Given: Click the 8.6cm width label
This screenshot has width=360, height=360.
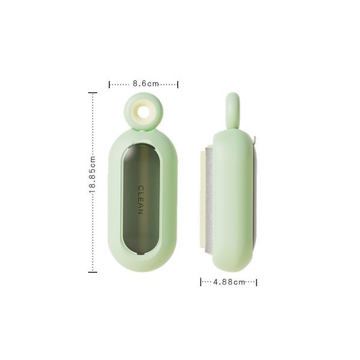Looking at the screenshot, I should [145, 84].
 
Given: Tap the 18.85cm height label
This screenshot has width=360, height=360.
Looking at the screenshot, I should [92, 182].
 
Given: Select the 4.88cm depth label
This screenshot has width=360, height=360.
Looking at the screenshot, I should [229, 281].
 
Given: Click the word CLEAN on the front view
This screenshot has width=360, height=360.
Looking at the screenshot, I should [140, 200].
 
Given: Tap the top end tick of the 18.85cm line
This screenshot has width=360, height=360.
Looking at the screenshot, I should [92, 92].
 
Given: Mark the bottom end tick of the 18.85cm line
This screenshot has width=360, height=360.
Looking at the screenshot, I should [92, 272].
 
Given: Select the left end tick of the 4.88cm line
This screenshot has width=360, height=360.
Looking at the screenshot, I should [200, 281].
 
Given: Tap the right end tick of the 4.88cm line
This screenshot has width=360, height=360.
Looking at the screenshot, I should [257, 281].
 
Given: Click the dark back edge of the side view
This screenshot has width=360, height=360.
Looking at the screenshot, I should [255, 198].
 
